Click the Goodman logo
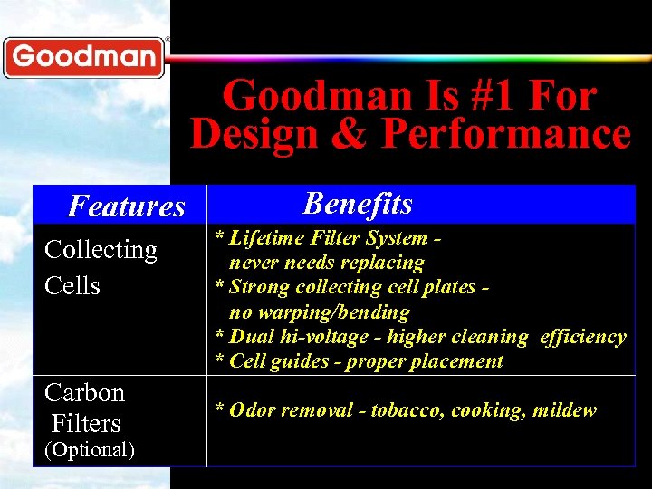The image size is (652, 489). [x=83, y=57]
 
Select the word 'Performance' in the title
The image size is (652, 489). [x=505, y=134]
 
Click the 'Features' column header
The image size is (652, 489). [x=126, y=206]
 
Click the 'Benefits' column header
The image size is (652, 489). [x=358, y=204]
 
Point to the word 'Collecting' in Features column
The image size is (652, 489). [x=101, y=250]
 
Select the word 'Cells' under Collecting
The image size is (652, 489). [x=72, y=285]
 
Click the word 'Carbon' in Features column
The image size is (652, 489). [x=84, y=393]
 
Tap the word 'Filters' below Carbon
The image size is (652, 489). [x=86, y=423]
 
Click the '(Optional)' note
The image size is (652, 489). [x=90, y=449]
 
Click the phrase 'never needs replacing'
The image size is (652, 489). [x=326, y=263]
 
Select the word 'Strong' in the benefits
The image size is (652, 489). [x=258, y=287]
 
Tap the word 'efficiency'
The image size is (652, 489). [x=582, y=337]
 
